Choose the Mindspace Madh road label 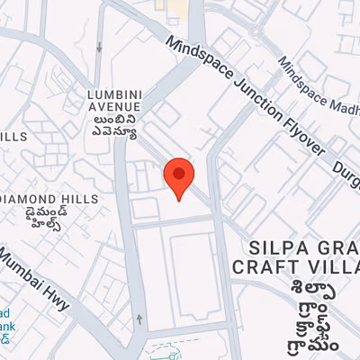coord(319,87)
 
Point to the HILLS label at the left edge coord(13,137)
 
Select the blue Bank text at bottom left coord(8,327)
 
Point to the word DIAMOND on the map coord(31,198)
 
